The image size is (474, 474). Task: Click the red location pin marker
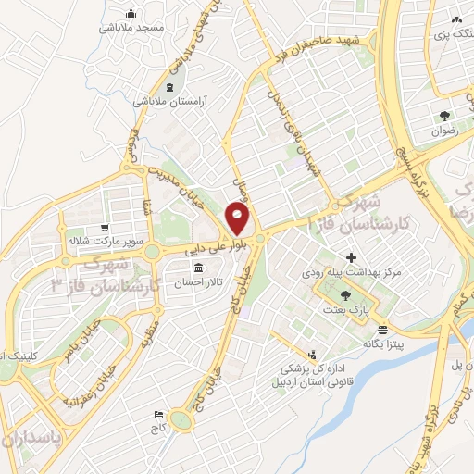click(x=238, y=219)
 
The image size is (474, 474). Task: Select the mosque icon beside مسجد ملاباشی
click(x=131, y=13)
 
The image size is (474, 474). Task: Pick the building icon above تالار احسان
click(x=197, y=269)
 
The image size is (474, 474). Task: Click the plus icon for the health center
click(x=350, y=256)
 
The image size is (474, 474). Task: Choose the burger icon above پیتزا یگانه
click(x=382, y=329)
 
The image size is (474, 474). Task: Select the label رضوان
click(x=445, y=131)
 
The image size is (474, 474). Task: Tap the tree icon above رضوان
click(x=445, y=117)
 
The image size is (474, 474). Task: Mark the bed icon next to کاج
click(x=158, y=414)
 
